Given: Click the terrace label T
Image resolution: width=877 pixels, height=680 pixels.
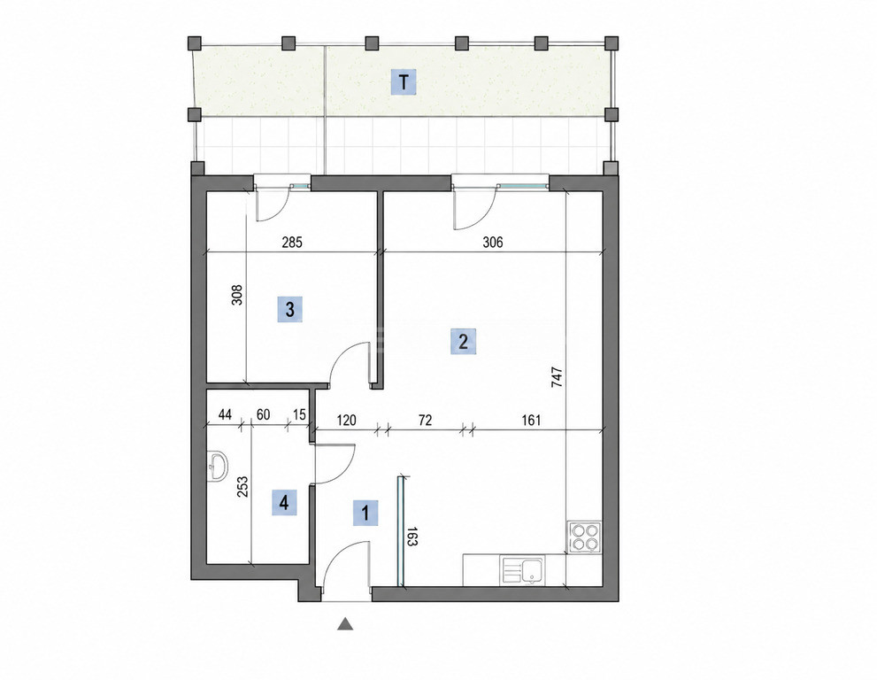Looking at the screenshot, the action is click(x=404, y=83).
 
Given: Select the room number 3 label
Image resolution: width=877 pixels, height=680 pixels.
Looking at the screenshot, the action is click(x=289, y=309).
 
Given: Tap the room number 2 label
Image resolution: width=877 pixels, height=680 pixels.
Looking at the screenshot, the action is click(x=463, y=342).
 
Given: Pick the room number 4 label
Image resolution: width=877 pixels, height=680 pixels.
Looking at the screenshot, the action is click(x=283, y=502).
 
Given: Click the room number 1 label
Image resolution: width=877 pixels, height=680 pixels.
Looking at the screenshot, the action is click(x=365, y=513).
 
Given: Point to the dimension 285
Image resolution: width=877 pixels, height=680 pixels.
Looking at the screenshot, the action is click(x=292, y=243).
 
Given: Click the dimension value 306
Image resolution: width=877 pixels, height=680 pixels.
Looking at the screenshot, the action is click(x=493, y=243).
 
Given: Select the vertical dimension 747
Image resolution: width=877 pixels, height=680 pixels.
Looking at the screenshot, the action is click(x=557, y=377).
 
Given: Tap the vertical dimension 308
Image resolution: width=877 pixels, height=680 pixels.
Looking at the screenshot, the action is click(x=237, y=295).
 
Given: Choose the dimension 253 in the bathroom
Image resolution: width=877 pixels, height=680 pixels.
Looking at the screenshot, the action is click(x=242, y=487).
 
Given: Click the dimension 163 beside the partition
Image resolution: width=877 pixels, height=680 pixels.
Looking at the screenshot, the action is click(x=412, y=537).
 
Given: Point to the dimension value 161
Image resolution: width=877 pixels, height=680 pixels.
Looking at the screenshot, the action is click(x=531, y=420).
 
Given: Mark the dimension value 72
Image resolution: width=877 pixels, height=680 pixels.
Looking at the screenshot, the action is click(x=425, y=420).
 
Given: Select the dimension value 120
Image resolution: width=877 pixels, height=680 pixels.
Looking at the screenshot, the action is click(x=346, y=420).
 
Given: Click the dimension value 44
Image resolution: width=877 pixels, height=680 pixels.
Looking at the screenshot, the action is click(x=225, y=414).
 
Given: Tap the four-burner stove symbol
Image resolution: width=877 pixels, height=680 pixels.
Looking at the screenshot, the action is click(x=584, y=537).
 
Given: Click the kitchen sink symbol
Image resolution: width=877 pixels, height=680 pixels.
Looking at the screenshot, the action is click(x=522, y=570).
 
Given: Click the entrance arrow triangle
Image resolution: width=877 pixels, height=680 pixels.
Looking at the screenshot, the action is click(x=345, y=623).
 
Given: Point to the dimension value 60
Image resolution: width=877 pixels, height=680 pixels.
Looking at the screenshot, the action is click(x=263, y=414).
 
